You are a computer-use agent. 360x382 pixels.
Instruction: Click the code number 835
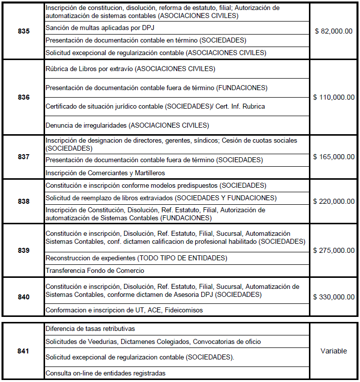24,31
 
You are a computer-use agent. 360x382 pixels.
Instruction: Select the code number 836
24,97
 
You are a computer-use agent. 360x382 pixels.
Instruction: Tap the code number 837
24,157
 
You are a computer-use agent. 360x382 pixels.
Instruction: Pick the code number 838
24,201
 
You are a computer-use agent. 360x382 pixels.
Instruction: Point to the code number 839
24,250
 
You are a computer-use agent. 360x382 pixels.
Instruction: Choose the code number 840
24,297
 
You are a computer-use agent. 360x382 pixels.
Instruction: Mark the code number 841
24,351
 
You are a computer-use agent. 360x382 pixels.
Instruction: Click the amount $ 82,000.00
334,31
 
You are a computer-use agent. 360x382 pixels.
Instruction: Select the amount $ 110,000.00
334,97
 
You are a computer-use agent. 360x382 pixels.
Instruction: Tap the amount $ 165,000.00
334,157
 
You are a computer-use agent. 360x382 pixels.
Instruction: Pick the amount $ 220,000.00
334,201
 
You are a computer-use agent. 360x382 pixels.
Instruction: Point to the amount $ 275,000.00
334,250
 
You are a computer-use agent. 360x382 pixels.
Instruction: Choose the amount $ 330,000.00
334,297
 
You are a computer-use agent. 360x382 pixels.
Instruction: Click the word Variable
334,351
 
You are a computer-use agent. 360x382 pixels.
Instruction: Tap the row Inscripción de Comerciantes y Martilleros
106,173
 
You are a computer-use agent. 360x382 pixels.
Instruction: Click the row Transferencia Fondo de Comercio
95,270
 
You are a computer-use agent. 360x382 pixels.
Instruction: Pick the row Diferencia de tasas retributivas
90,329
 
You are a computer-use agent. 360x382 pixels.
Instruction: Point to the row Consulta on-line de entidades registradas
105,373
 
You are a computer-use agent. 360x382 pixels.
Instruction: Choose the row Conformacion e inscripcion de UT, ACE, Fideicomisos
124,310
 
